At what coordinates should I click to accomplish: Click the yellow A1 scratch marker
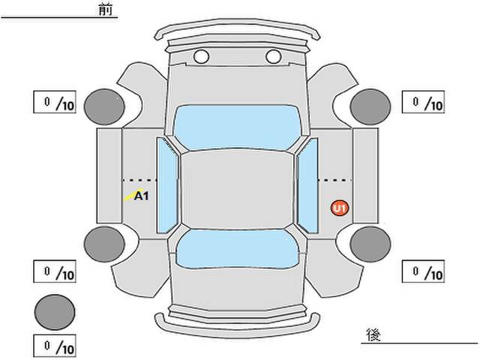click(136, 195)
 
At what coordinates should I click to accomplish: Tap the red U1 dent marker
click(340, 208)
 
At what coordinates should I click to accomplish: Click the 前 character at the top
click(106, 9)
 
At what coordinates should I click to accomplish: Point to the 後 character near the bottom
click(373, 334)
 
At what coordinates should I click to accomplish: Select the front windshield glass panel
click(237, 127)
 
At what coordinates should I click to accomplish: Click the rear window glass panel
click(237, 248)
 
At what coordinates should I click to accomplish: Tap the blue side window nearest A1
click(167, 185)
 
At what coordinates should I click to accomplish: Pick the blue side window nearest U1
click(307, 185)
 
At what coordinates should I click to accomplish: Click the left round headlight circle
click(201, 57)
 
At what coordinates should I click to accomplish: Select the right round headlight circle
click(273, 57)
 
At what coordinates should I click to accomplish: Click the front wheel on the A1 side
click(104, 106)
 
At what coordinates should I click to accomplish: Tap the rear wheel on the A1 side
click(104, 244)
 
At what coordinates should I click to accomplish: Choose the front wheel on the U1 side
click(370, 106)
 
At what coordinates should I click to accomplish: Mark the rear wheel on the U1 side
click(370, 244)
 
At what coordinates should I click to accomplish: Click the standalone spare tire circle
click(55, 312)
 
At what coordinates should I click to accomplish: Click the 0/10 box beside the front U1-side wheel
click(423, 102)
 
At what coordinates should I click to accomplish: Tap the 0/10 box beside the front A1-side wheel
click(55, 102)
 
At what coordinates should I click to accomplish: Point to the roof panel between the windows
click(237, 190)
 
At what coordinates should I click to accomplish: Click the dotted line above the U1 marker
click(335, 180)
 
